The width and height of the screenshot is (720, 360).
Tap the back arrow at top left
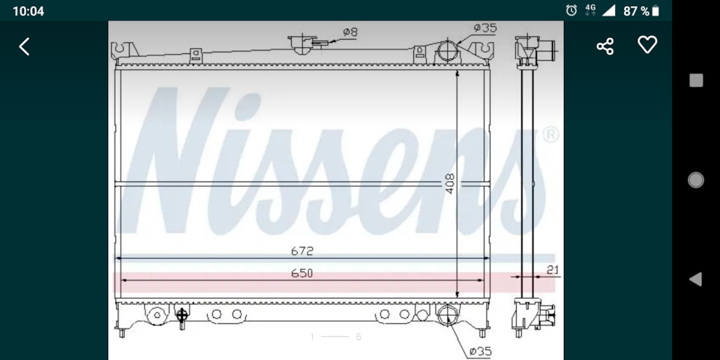[24, 46]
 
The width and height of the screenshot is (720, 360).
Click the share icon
[604, 46]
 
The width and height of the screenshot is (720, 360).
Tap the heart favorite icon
[647, 45]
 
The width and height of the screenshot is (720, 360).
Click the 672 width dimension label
[301, 251]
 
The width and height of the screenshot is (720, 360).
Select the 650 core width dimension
[301, 273]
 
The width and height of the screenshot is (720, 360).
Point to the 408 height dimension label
[449, 183]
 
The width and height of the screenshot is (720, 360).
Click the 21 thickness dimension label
[553, 270]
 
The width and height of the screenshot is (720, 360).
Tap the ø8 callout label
[350, 32]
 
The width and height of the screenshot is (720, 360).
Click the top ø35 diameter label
[485, 28]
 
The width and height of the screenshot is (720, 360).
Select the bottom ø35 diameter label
[480, 352]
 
